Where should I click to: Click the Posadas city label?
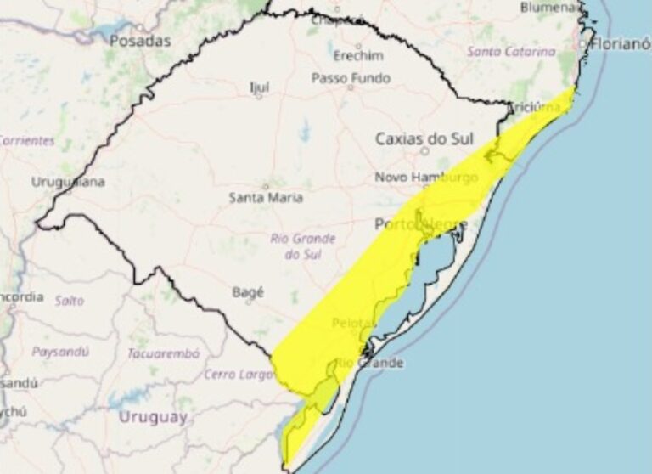click(x=139, y=41)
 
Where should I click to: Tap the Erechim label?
click(x=358, y=56)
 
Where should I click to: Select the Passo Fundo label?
click(x=351, y=77)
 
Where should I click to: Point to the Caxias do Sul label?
click(x=424, y=138)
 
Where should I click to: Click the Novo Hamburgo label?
click(x=426, y=178)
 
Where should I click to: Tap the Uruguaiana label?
click(x=68, y=182)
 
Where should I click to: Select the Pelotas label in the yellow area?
click(x=352, y=323)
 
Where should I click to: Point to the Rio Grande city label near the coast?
click(x=369, y=363)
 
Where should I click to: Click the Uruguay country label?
click(x=153, y=416)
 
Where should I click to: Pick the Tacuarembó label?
click(x=164, y=353)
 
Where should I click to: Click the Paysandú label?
click(x=61, y=351)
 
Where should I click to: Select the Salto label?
click(x=70, y=300)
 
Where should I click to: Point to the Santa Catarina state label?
click(x=511, y=51)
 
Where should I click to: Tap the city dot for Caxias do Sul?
click(x=424, y=151)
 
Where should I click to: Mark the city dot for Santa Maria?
click(x=265, y=185)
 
